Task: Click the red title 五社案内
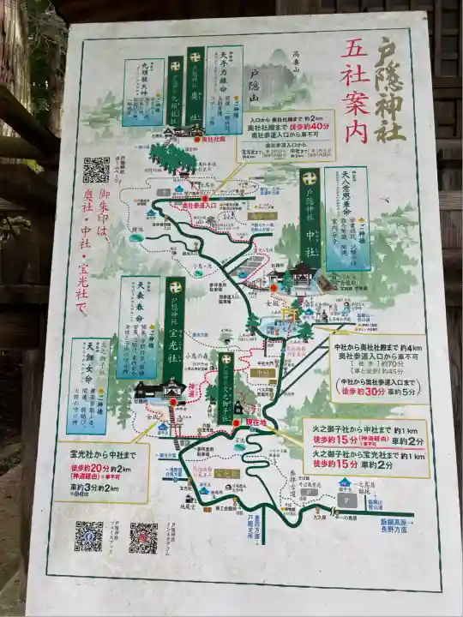(x=356, y=89)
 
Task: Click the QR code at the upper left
(x=96, y=169)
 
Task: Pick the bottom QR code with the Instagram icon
(x=143, y=537)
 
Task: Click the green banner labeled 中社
(x=310, y=218)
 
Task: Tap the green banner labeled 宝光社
(x=175, y=330)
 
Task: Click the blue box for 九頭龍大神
(x=143, y=92)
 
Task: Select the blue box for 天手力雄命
(x=224, y=90)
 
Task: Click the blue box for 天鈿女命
(x=88, y=386)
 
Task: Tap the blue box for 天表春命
(x=138, y=326)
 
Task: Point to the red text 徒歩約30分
(x=361, y=392)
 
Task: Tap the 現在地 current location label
(x=257, y=422)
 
